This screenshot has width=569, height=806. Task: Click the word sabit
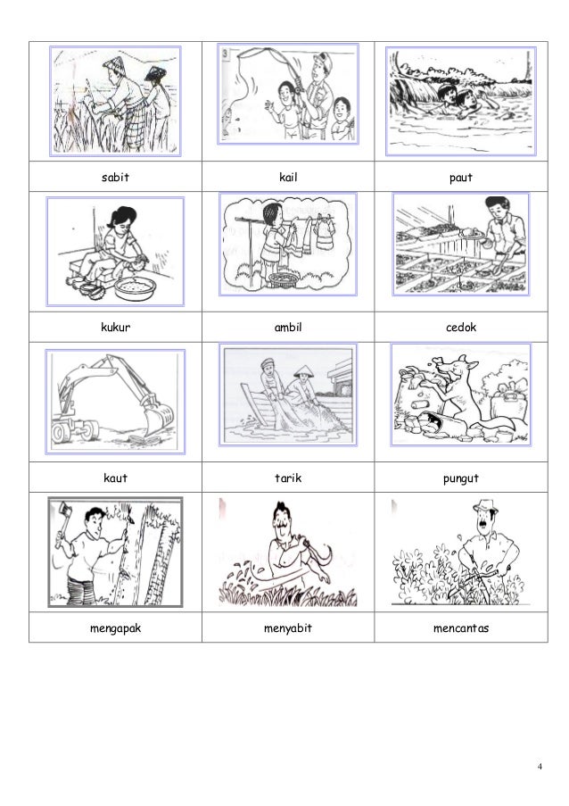pyautogui.click(x=115, y=178)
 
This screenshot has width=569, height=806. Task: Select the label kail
pyautogui.click(x=288, y=178)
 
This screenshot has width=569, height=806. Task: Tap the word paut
pyautogui.click(x=461, y=178)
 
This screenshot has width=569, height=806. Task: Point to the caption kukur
pyautogui.click(x=116, y=328)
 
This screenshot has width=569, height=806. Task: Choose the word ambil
pyautogui.click(x=288, y=328)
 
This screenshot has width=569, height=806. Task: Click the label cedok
pyautogui.click(x=461, y=328)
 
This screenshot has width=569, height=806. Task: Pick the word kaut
pyautogui.click(x=116, y=478)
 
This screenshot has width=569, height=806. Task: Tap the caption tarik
pyautogui.click(x=288, y=478)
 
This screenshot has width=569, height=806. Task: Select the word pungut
pyautogui.click(x=461, y=478)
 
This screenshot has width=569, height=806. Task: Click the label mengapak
pyautogui.click(x=116, y=628)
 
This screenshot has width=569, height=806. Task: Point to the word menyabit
pyautogui.click(x=288, y=628)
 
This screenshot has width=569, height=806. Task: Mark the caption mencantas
pyautogui.click(x=461, y=628)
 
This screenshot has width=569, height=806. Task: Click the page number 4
pyautogui.click(x=540, y=767)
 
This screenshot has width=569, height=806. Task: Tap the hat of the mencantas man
pyautogui.click(x=485, y=506)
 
